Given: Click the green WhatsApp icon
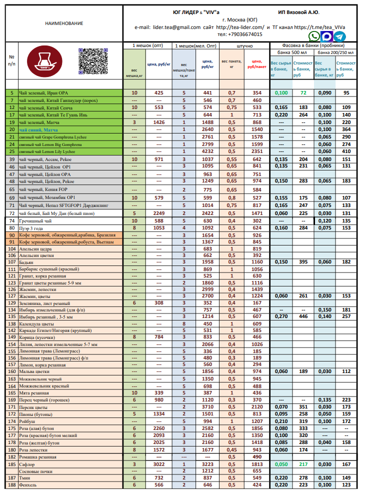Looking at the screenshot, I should coord(314,36).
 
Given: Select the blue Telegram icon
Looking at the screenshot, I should coord(339,36).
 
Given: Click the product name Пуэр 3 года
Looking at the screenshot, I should coord(32,227).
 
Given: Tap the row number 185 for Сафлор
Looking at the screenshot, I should coord(11,464).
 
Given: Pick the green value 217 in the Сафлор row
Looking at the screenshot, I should coord(303,464).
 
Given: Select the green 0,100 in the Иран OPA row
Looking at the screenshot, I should coord(281,93).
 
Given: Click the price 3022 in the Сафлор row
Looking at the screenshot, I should coord(159,464).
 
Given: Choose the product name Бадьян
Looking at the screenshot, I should coord(26,261).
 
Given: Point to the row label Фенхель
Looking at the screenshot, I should coord(29,485).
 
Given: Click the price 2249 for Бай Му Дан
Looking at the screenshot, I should coord(159,213).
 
